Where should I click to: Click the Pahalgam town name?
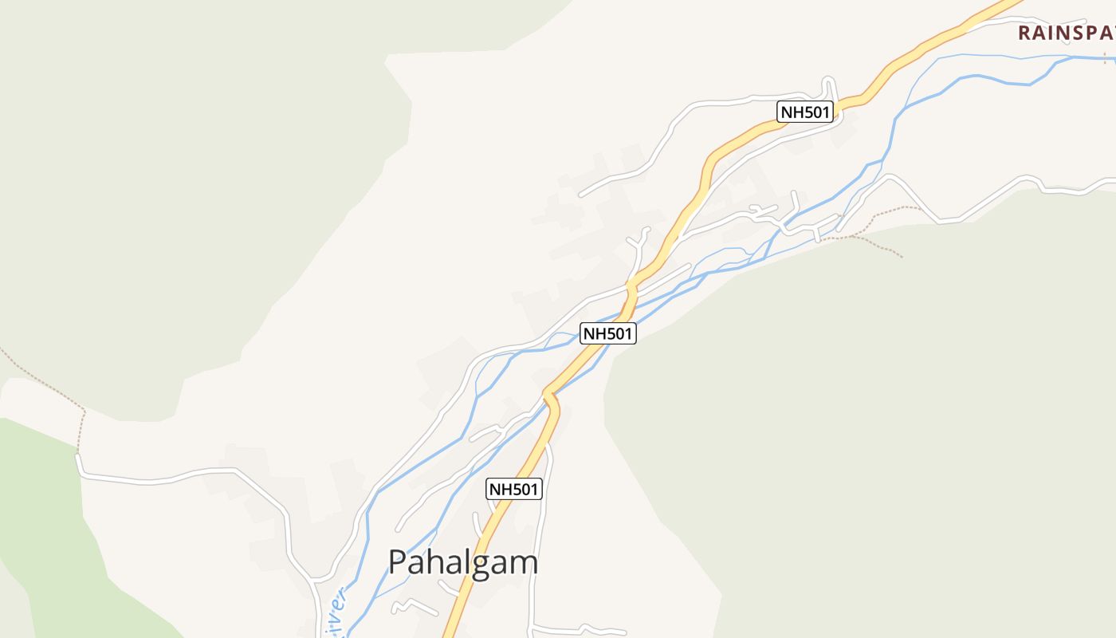point(463,562)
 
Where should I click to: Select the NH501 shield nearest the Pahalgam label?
point(514,489)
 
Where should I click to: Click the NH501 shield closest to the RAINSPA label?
point(806,112)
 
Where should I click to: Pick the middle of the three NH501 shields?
point(608,333)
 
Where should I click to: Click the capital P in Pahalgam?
point(398,562)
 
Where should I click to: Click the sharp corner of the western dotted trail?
point(84,412)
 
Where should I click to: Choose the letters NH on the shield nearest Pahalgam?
point(501,489)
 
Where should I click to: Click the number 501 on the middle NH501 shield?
point(618,333)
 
